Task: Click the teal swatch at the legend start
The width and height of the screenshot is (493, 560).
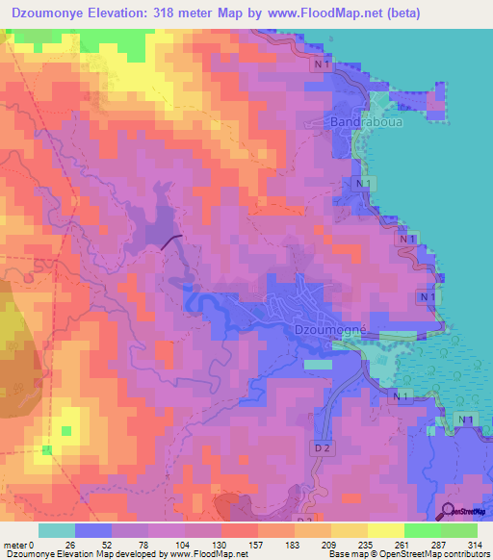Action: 56,530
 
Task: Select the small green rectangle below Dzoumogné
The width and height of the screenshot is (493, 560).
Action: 318,366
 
